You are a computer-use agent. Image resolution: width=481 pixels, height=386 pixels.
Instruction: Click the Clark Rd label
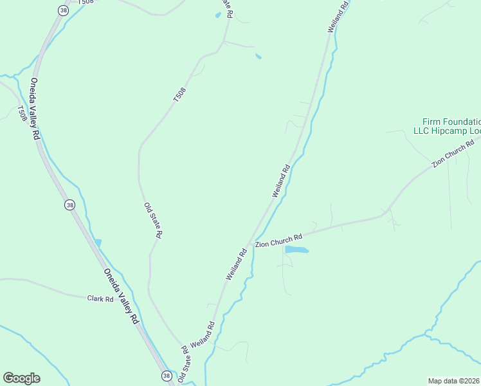point(100,299)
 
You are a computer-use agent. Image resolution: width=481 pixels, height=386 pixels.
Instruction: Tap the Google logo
point(21,378)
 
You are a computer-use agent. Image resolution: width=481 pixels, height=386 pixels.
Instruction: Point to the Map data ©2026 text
point(454,381)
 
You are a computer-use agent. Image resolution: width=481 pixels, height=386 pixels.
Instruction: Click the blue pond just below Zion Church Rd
point(296,249)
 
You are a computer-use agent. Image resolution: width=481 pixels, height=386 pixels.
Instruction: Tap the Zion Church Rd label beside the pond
point(278,241)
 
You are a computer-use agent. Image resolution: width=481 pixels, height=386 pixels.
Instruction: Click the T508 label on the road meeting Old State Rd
point(179,95)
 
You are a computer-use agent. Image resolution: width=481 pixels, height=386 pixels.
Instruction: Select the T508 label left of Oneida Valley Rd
point(23,113)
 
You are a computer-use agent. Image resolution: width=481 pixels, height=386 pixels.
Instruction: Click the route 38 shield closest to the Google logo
point(167,376)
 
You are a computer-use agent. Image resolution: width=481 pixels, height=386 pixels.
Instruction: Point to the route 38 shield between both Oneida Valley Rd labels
point(69,205)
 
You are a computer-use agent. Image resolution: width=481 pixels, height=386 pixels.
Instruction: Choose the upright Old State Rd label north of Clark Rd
point(153,220)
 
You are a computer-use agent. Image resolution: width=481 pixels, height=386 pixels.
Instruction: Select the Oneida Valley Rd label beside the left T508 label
point(35,109)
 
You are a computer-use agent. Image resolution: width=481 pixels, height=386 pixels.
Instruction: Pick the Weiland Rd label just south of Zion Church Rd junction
point(236,264)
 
